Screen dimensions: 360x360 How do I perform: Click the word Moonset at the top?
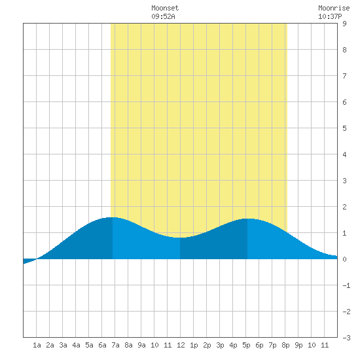click(x=165, y=8)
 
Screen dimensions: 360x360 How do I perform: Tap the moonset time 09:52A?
click(x=163, y=16)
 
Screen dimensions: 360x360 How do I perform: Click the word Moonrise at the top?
click(x=334, y=8)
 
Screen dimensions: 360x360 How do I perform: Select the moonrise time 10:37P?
click(x=330, y=16)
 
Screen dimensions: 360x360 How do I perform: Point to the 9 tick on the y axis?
click(x=344, y=24)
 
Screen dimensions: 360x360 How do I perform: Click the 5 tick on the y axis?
click(x=344, y=128)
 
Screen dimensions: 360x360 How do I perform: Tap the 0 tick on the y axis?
click(x=344, y=259)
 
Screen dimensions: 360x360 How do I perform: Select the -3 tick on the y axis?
click(x=346, y=338)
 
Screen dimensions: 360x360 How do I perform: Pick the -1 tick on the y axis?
click(x=346, y=285)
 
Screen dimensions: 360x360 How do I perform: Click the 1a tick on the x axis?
click(x=37, y=345)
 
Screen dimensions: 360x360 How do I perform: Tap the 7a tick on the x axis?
click(x=115, y=345)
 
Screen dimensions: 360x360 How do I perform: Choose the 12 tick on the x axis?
click(x=181, y=345)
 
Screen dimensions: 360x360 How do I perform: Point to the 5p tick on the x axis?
click(x=246, y=345)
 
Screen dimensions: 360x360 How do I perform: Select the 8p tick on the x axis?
click(x=285, y=345)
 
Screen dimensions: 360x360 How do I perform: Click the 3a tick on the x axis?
click(x=63, y=345)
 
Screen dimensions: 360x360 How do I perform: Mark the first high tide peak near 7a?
click(x=113, y=217)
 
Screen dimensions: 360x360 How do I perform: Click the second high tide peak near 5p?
click(x=247, y=219)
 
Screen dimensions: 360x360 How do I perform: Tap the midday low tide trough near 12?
click(x=180, y=238)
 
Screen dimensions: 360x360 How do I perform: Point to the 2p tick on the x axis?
click(x=207, y=345)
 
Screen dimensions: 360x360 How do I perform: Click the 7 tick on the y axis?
click(x=344, y=76)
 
